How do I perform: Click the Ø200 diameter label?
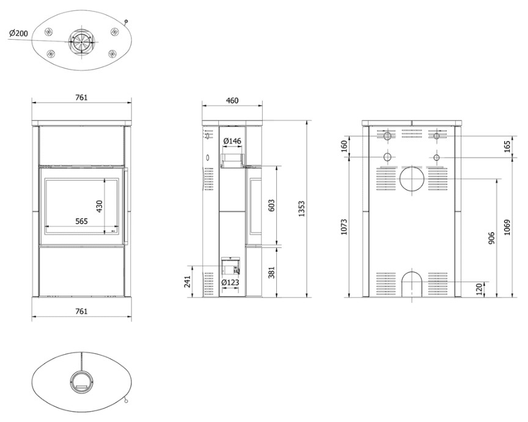pos(19,33)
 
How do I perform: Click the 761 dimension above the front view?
pos(81,98)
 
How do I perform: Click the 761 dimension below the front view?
pos(81,311)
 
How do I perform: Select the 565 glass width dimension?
pos(81,221)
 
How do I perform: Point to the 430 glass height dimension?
pos(100,206)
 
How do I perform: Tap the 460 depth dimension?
pos(232,101)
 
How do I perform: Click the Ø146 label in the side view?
pos(232,141)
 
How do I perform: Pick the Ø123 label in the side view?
pos(230,282)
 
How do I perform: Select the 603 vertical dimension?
pos(272,206)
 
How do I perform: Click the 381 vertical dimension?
pos(272,272)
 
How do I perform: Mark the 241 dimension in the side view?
pos(188,282)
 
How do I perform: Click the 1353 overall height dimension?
pos(302,209)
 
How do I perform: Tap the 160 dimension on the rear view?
pos(344,146)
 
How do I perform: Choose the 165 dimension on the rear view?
pos(508,147)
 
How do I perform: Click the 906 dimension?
pos(491,238)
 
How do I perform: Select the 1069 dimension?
pos(508,227)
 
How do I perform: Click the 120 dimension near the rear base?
pos(480,289)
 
